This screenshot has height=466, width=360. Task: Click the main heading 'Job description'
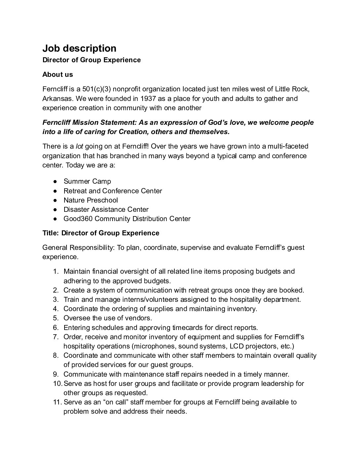coord(79,48)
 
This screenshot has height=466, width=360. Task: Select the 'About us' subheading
coord(58,74)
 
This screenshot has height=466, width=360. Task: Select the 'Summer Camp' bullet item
coord(87,181)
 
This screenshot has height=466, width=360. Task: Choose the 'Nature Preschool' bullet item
coord(90,200)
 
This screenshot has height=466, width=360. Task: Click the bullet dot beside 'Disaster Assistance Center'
coord(56,210)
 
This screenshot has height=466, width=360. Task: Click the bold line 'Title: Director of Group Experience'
coord(101,233)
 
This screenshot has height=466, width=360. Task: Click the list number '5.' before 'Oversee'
coord(56,318)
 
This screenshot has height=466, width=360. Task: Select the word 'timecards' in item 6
coord(186,328)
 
